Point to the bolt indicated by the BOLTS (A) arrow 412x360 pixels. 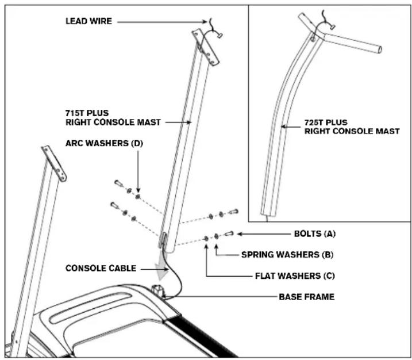(229, 233)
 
